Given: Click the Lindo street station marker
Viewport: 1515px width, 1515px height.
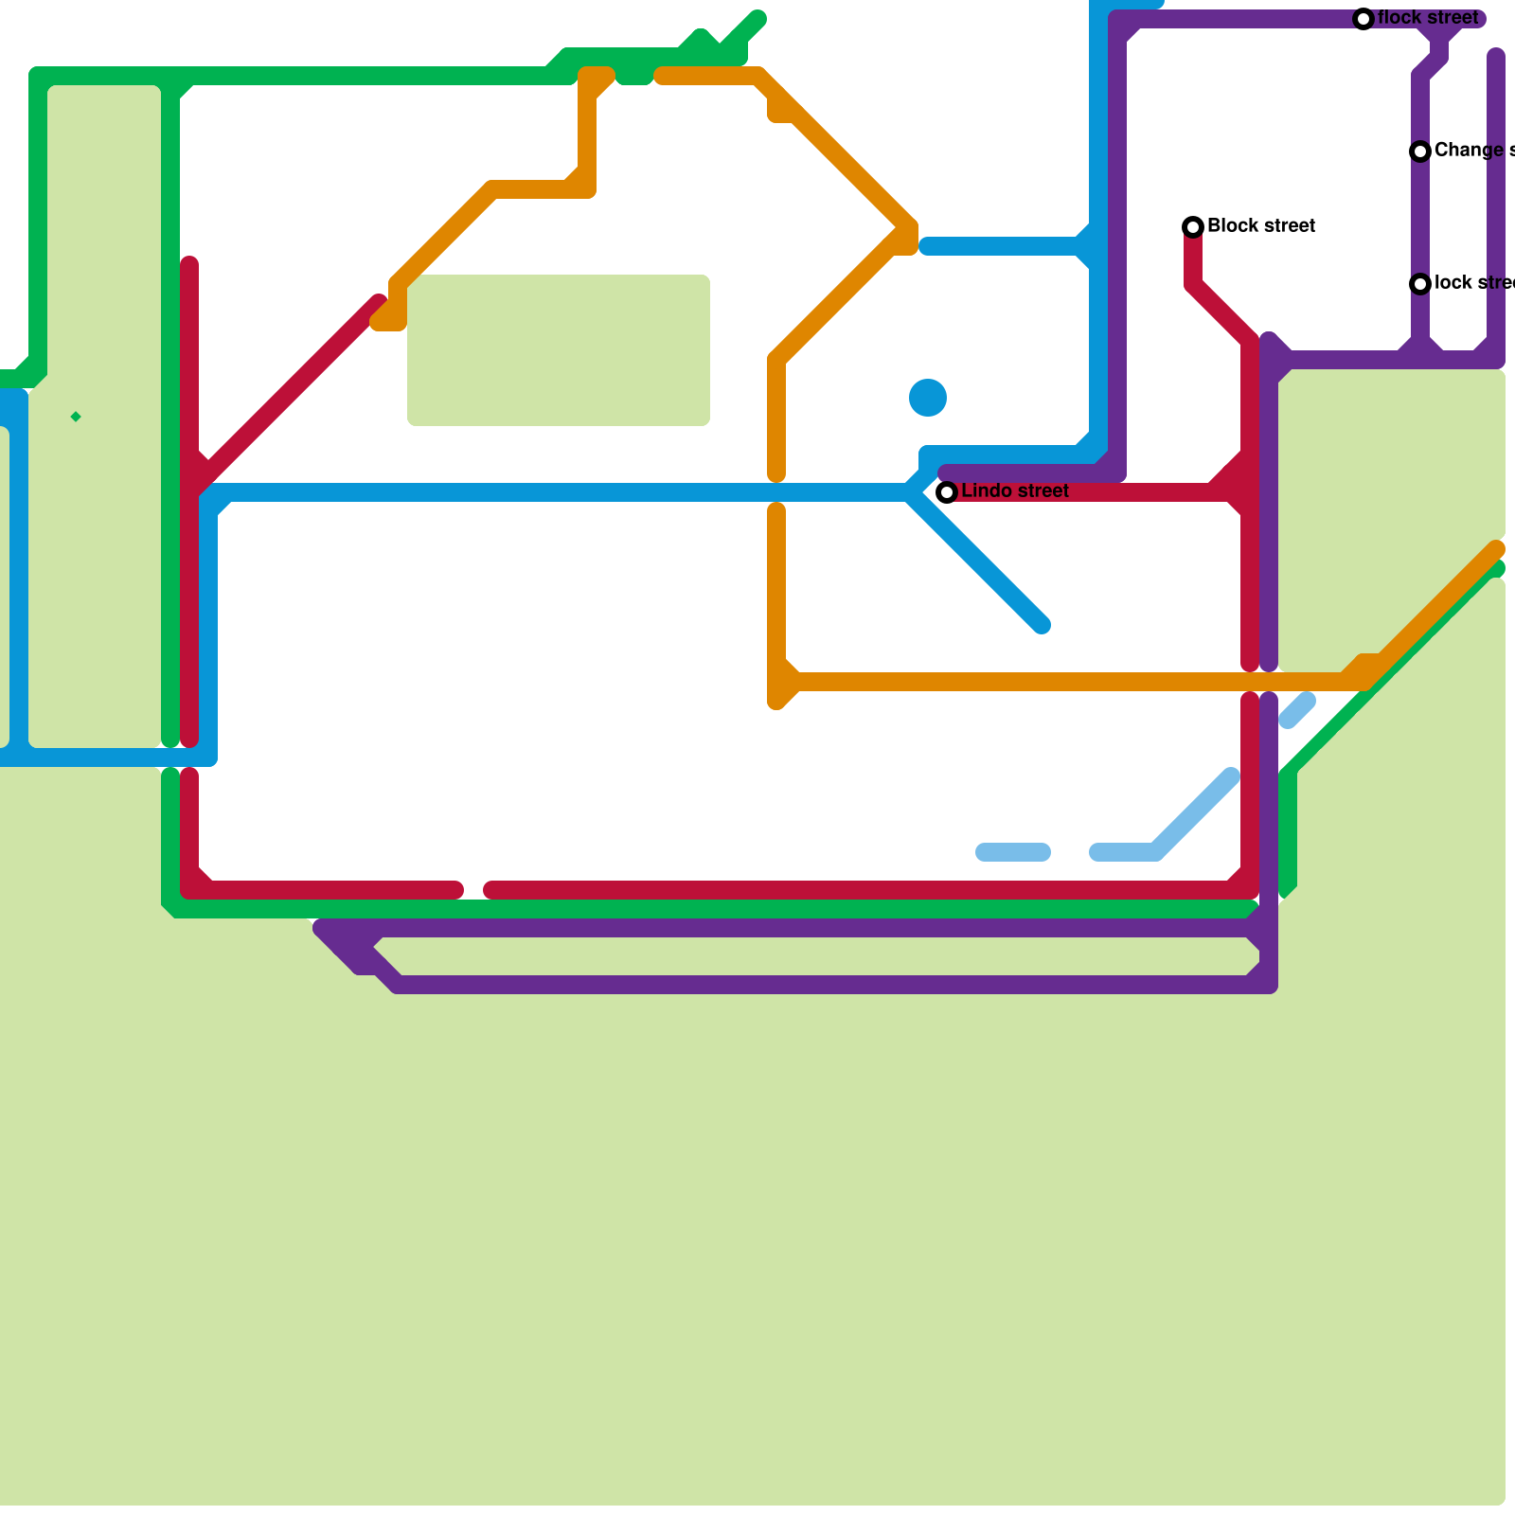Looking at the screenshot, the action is (x=946, y=492).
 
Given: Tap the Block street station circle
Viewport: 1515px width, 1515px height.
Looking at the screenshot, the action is (x=1193, y=226).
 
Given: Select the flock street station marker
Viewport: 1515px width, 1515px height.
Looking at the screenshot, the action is (x=1363, y=19).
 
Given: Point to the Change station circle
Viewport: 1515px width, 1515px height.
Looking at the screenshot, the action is (x=1420, y=151).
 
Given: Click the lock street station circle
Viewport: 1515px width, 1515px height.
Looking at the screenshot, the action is (x=1420, y=284).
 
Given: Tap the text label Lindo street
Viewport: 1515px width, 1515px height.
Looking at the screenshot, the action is (x=1015, y=491).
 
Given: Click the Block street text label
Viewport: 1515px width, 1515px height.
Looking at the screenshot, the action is (x=1261, y=226).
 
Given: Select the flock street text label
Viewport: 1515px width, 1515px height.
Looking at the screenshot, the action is (x=1428, y=18).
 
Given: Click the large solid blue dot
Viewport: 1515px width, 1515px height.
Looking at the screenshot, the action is (x=928, y=398).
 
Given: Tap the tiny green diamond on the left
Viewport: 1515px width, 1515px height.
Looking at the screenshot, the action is (x=76, y=417).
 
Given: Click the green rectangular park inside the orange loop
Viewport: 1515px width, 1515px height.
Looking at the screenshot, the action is (x=559, y=350).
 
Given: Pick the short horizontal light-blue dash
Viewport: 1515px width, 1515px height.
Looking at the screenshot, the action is (x=1013, y=852).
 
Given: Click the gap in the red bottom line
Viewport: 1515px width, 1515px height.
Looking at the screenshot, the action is (x=473, y=890).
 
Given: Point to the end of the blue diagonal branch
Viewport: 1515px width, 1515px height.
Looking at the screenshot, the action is (x=1042, y=625).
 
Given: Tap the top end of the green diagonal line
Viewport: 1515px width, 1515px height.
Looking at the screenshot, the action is (x=757, y=19).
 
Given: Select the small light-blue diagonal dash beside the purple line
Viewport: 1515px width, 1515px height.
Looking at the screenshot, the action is (x=1297, y=710).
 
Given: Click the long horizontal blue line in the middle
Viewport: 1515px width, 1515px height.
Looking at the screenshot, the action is (x=559, y=492).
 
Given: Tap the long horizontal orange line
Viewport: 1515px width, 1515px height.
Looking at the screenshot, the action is (x=1042, y=682).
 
